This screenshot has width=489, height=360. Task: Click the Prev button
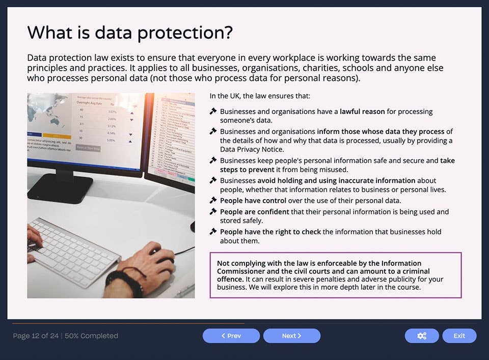click(231, 336)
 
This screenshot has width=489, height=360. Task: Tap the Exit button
click(459, 336)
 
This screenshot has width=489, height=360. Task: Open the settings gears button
click(421, 336)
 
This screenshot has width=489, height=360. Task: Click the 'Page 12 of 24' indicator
click(36, 336)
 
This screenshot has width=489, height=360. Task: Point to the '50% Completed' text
click(91, 336)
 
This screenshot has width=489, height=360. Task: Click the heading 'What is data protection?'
click(130, 33)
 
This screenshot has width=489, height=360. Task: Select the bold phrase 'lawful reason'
click(362, 112)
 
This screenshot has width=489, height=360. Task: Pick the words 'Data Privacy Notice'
click(252, 149)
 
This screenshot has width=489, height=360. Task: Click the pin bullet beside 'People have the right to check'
click(213, 232)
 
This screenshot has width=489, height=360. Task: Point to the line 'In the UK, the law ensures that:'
click(260, 96)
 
